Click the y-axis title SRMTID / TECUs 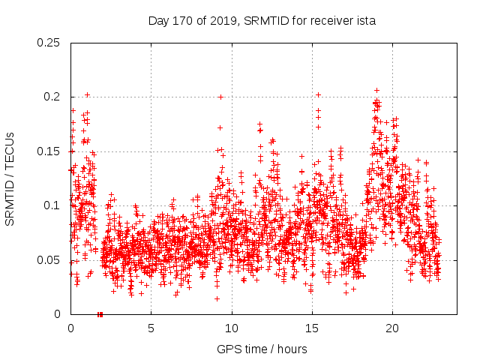pos(10,178)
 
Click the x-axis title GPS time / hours pos(262,349)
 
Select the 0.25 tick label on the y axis pos(49,43)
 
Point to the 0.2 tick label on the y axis pos(52,97)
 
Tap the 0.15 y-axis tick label pos(49,151)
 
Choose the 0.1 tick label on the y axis pos(52,205)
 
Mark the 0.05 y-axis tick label pos(49,259)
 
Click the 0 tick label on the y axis pos(59,314)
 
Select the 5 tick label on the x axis pos(151,328)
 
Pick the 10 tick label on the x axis pos(231,328)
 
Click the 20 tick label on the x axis pos(391,328)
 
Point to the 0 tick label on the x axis pos(70,328)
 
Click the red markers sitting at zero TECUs pos(100,314)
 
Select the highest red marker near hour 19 pos(376,90)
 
